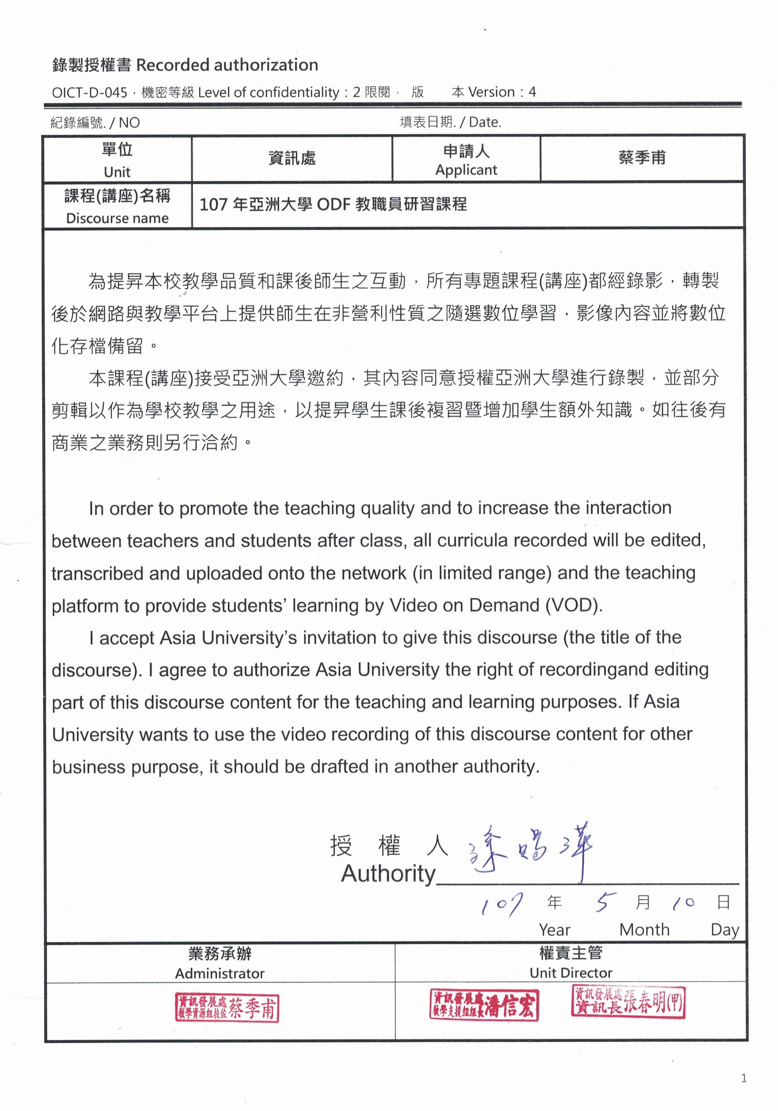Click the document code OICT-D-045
(x=89, y=92)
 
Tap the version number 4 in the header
(x=532, y=92)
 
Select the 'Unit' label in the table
(x=117, y=172)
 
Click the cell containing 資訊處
(x=292, y=158)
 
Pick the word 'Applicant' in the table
(x=466, y=170)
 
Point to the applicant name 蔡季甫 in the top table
(x=642, y=158)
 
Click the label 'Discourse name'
(x=117, y=218)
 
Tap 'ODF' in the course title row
(x=333, y=205)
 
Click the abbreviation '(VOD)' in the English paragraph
(x=574, y=605)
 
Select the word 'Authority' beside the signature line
(x=388, y=874)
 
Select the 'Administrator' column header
(x=220, y=973)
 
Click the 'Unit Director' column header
(x=571, y=973)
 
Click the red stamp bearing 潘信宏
(x=484, y=1005)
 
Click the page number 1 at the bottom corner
(x=744, y=1078)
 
